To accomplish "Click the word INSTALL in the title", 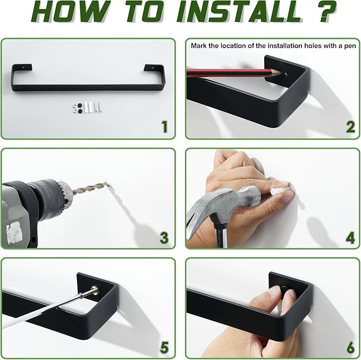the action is tap(239, 13).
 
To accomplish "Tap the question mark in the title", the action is tap(324, 12).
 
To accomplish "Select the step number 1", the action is tap(164, 126).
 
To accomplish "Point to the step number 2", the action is tap(350, 127).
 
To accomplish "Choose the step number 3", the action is tap(164, 237).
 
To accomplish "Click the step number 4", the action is tap(350, 238).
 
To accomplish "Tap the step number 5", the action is tap(164, 347).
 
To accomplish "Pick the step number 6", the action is tap(351, 347).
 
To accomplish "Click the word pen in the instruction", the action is tap(350, 46).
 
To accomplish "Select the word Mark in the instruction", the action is tap(199, 46).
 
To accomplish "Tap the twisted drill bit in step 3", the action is tap(90, 188).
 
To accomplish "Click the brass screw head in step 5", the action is tap(95, 291).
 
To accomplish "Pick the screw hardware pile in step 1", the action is tap(87, 107).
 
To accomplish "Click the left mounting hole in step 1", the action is tap(23, 67).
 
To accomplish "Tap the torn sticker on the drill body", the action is tap(14, 233).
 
